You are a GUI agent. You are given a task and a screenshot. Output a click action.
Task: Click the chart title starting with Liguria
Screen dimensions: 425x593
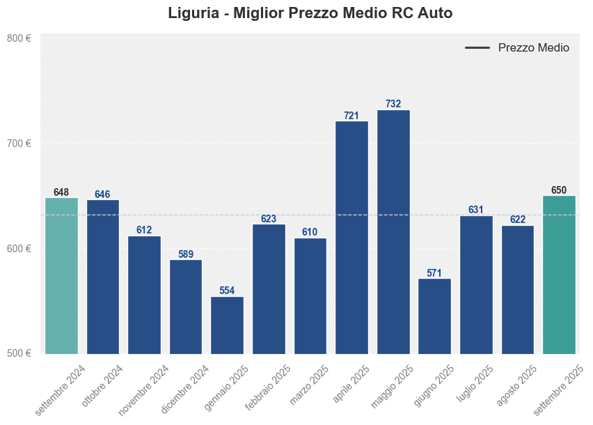(310, 13)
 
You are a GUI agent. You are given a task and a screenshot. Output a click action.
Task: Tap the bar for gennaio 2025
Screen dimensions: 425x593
(227, 325)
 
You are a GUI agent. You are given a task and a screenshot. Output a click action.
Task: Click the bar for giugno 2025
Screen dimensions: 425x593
(434, 316)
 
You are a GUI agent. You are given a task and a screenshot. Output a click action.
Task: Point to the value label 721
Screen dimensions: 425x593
(351, 115)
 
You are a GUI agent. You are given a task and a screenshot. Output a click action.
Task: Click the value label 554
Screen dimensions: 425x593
(227, 291)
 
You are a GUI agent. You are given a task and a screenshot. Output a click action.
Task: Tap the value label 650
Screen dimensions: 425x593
(559, 190)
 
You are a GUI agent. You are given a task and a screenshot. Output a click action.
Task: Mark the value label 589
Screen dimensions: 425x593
(186, 254)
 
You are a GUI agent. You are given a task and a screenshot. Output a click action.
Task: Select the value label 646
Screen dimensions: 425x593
(102, 194)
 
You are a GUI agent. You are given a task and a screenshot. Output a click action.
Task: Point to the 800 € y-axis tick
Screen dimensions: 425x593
(19, 38)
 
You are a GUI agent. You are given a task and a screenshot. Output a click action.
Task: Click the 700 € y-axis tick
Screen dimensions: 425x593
(19, 144)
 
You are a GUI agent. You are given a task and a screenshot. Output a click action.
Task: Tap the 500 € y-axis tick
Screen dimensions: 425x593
(19, 353)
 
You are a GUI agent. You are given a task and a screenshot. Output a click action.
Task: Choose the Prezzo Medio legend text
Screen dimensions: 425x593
(534, 48)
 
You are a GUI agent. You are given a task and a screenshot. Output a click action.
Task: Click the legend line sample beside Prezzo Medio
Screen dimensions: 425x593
(477, 48)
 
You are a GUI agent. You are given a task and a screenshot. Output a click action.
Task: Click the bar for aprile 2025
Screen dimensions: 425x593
(351, 237)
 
